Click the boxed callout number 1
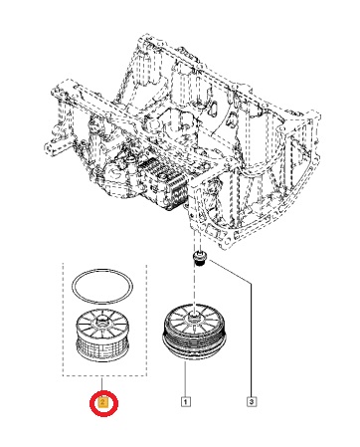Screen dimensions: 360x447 pyautogui.click(x=185, y=402)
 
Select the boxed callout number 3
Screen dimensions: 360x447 pyautogui.click(x=252, y=402)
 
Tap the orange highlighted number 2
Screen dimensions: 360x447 pyautogui.click(x=103, y=402)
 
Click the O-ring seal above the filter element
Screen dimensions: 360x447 pyautogui.click(x=102, y=287)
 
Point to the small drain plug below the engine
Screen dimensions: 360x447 pyautogui.click(x=199, y=258)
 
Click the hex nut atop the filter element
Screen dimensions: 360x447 pyautogui.click(x=100, y=321)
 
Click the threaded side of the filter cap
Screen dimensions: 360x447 pyautogui.click(x=194, y=340)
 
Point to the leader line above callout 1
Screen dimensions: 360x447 pyautogui.click(x=185, y=380)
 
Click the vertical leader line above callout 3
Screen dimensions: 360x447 pyautogui.click(x=251, y=341)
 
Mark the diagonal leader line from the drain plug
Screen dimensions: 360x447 pyautogui.click(x=229, y=273)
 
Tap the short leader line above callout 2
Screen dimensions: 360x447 pyautogui.click(x=102, y=384)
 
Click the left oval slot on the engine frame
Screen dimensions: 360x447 pyautogui.click(x=213, y=108)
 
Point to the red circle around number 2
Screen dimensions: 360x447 pyautogui.click(x=103, y=403)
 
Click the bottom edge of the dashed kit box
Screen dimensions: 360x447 pyautogui.click(x=104, y=376)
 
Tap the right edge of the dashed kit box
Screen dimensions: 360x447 pyautogui.click(x=146, y=321)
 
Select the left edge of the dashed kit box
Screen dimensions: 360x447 pyautogui.click(x=64, y=320)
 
